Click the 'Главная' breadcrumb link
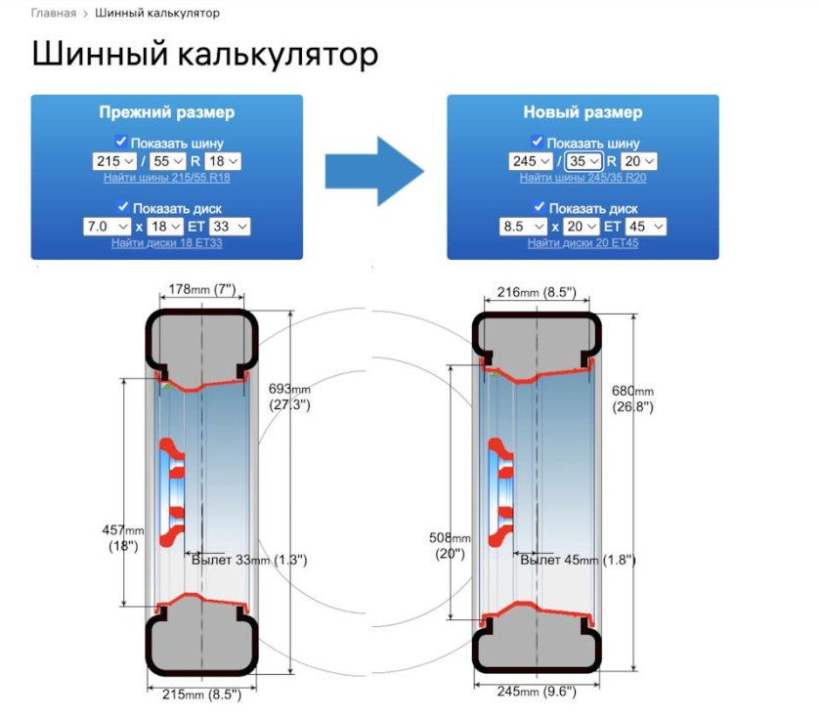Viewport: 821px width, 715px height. [x=54, y=13]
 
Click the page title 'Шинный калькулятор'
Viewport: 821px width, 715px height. [x=204, y=54]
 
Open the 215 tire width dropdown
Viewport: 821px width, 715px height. [x=114, y=161]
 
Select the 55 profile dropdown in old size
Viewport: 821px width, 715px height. [x=167, y=161]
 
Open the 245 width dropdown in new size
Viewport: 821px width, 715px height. [x=531, y=161]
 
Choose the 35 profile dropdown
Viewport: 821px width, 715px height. [x=583, y=161]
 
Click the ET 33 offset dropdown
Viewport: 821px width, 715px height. [x=230, y=227]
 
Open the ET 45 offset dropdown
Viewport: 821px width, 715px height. [x=646, y=227]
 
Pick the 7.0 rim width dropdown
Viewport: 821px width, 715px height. [x=107, y=227]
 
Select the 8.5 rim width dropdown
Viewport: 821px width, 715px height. [x=523, y=227]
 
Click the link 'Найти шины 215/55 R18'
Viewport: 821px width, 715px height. [x=167, y=178]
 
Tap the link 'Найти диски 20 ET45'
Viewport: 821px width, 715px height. [x=583, y=243]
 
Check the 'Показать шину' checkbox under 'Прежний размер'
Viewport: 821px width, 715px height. [x=121, y=142]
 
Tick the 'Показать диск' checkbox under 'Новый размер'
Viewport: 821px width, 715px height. [x=539, y=206]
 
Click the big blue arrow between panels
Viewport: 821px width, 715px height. [x=374, y=171]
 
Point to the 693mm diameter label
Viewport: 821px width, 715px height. [x=289, y=397]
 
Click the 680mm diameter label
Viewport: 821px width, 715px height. [x=633, y=399]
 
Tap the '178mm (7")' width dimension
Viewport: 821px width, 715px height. [x=202, y=289]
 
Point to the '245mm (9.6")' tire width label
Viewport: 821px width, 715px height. [x=537, y=692]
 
